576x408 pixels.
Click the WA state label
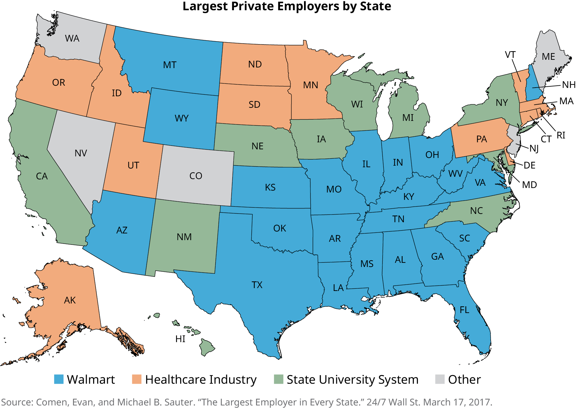72,39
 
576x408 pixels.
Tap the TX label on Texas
257,285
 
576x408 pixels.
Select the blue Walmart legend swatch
59,379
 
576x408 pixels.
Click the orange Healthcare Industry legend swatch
137,379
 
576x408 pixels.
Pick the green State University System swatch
279,379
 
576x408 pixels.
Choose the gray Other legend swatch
440,379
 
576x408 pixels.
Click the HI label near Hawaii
180,339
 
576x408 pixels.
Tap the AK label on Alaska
70,300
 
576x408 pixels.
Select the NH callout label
569,85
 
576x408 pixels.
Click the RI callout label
561,135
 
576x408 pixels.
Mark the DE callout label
529,165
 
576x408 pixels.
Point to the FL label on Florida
464,310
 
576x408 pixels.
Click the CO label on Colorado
196,176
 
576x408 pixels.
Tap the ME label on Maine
548,57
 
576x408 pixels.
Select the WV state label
455,174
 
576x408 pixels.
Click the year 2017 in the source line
480,402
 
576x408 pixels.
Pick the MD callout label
529,185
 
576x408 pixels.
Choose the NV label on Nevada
81,153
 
